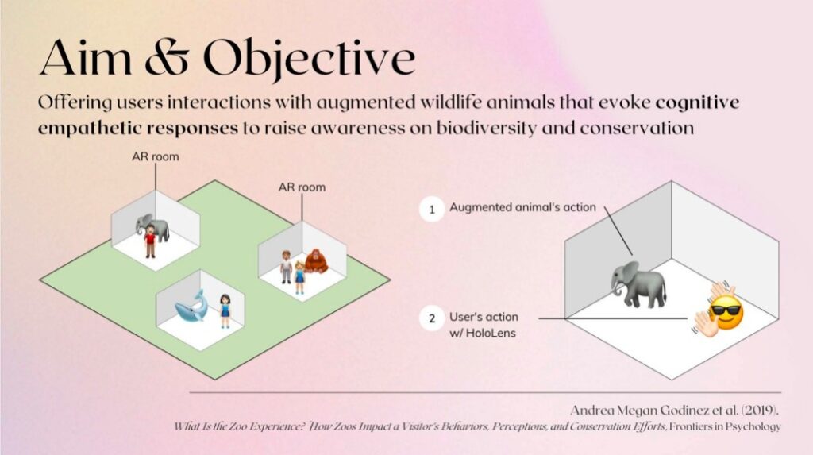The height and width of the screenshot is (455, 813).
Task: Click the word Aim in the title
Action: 86,58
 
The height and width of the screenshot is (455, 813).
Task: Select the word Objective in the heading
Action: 309,59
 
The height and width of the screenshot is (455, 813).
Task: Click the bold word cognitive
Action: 697,102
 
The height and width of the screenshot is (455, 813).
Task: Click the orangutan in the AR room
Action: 316,261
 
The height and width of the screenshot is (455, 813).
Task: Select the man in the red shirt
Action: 150,241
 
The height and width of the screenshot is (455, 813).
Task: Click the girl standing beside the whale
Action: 225,311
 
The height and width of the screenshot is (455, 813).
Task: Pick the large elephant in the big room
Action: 638,284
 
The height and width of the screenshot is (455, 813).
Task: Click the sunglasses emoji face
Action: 726,313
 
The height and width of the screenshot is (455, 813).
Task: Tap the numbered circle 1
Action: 432,210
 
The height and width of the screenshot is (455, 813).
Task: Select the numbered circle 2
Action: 432,318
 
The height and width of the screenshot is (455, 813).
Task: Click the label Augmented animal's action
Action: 522,207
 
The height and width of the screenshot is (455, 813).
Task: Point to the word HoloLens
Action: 491,333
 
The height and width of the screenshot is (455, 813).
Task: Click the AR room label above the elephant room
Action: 156,156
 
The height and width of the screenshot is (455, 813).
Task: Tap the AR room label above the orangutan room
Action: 302,187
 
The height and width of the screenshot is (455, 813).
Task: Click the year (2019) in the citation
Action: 761,411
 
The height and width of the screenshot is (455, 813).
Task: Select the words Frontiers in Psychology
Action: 725,426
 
